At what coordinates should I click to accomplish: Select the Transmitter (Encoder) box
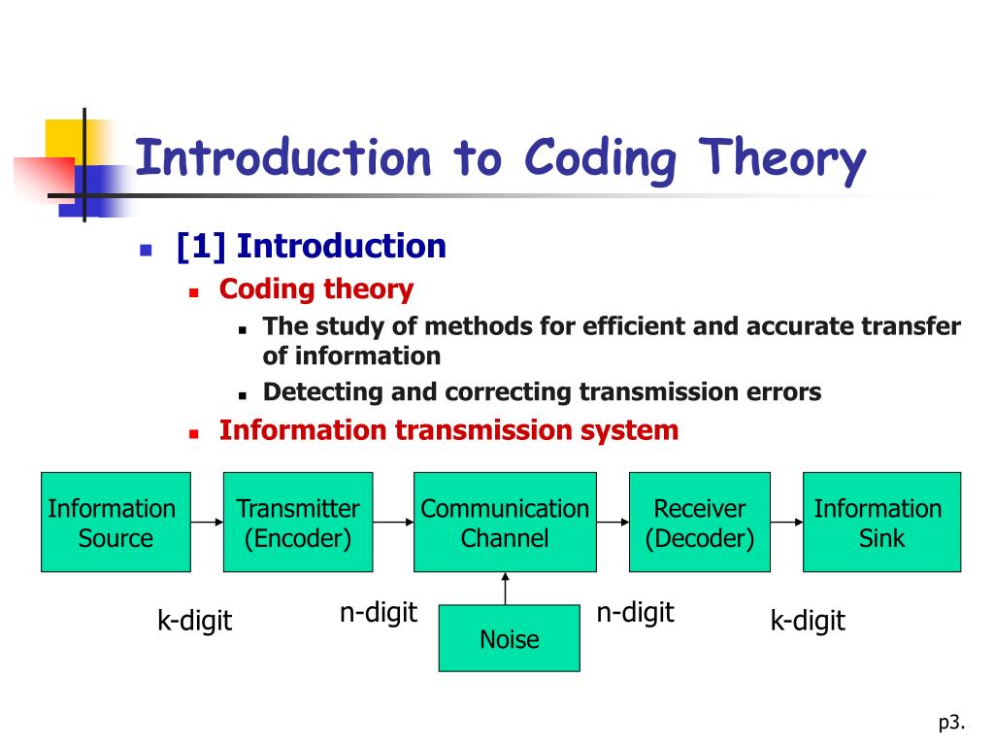[x=298, y=522]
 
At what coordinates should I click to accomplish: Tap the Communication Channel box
[x=505, y=522]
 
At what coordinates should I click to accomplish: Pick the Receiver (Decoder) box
[x=699, y=522]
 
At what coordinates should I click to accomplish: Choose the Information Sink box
[x=881, y=522]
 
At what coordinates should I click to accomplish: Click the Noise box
[x=509, y=638]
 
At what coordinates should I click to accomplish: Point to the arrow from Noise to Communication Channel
[x=505, y=588]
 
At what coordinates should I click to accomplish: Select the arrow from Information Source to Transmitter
[x=207, y=522]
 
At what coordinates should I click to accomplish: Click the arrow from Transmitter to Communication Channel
[x=393, y=522]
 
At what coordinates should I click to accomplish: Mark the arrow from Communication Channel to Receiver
[x=613, y=522]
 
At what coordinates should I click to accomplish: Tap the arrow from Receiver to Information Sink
[x=786, y=522]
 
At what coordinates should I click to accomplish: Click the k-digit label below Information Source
[x=195, y=621]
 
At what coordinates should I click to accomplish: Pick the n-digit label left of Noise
[x=378, y=613]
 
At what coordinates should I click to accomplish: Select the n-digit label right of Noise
[x=635, y=613]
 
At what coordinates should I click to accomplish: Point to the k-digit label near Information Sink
[x=808, y=621]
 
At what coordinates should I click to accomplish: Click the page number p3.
[x=950, y=721]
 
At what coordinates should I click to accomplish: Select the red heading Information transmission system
[x=448, y=429]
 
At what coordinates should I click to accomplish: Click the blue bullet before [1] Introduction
[x=147, y=249]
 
